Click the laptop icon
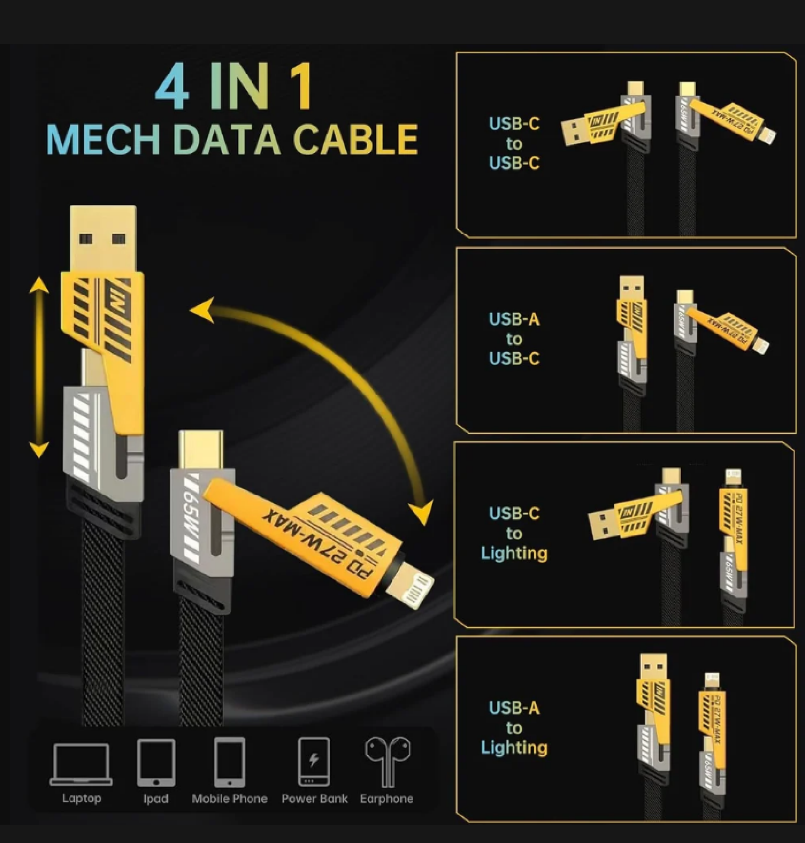81,764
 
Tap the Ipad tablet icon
156,763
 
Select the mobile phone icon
230,763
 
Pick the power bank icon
314,761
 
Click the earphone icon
387,761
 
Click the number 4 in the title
172,87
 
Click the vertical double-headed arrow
39,367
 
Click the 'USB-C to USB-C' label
514,143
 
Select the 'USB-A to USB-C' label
514,339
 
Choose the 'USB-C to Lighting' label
514,533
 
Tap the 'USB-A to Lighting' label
514,727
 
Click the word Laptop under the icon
82,798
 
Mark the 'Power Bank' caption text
314,798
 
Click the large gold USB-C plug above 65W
202,450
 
